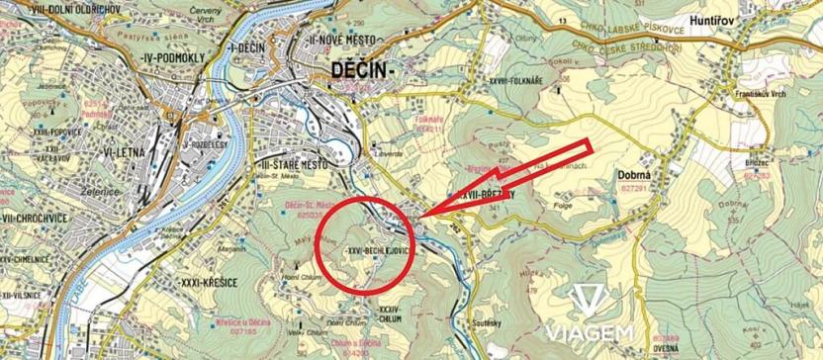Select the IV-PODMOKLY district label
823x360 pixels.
[x=172, y=58]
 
